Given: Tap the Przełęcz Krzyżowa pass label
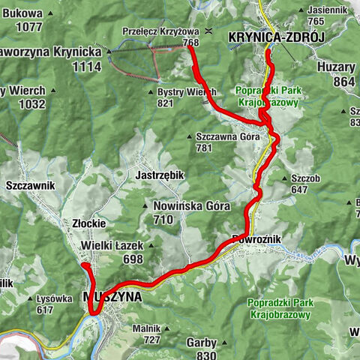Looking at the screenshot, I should (160, 31).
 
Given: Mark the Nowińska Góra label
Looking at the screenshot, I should (184, 205).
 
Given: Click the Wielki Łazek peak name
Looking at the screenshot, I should (112, 246).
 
